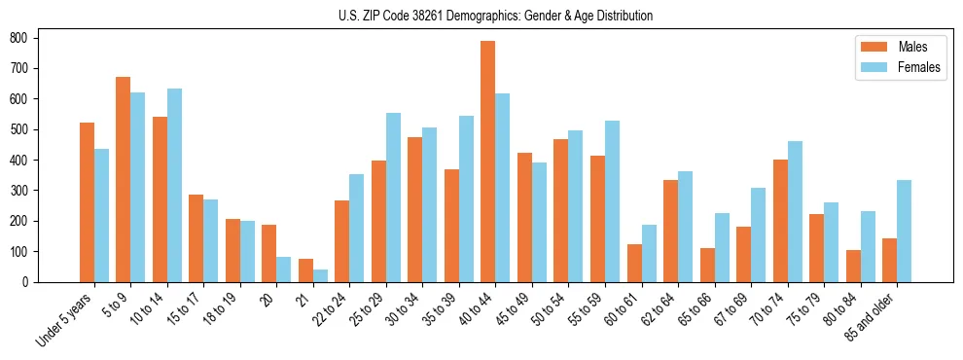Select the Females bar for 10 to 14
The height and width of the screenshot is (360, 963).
coord(174,185)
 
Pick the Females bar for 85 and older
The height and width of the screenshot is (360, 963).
coord(904,231)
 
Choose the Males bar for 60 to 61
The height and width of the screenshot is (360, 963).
coord(634,263)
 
